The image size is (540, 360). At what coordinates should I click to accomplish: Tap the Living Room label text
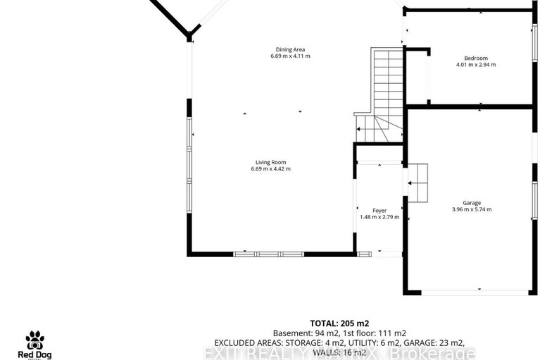click(x=270, y=161)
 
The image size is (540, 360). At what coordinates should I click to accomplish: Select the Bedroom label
click(x=476, y=58)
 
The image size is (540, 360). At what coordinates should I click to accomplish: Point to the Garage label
click(x=471, y=203)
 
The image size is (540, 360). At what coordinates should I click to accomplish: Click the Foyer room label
click(x=379, y=210)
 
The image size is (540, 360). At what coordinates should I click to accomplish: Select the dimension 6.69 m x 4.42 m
click(x=270, y=169)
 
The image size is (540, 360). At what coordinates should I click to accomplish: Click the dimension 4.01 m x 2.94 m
click(x=476, y=65)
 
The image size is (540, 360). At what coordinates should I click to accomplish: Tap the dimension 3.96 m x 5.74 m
click(x=471, y=209)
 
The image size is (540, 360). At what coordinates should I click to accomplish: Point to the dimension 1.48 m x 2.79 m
click(x=379, y=217)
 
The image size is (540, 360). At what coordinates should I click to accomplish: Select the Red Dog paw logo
click(x=35, y=340)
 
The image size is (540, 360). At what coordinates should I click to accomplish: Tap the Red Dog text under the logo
click(x=35, y=354)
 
